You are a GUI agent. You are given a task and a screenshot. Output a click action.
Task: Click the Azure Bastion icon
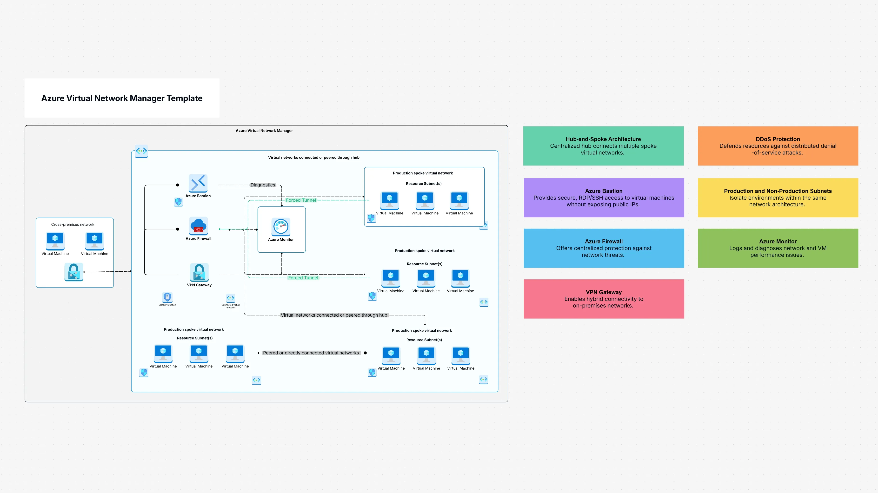point(198,183)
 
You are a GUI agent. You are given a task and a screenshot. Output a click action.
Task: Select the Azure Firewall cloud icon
point(198,226)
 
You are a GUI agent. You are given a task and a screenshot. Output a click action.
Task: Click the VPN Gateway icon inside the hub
point(199,272)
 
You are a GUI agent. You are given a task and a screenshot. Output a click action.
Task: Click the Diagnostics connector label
point(262,185)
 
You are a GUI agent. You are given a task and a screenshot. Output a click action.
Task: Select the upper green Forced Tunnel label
point(301,200)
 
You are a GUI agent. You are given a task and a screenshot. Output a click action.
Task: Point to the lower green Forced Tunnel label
point(303,278)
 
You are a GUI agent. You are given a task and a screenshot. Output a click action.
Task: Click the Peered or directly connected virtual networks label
point(311,353)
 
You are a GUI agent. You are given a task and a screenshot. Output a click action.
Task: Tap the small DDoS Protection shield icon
point(167,297)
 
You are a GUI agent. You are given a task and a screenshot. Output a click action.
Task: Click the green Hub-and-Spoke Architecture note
point(603,146)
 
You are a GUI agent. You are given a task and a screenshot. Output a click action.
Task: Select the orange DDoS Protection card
point(778,146)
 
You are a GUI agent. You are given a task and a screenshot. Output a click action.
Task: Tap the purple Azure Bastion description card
point(604,198)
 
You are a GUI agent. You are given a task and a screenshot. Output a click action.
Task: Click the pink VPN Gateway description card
point(604,299)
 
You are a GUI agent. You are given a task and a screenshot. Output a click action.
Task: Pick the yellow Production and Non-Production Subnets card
point(778,198)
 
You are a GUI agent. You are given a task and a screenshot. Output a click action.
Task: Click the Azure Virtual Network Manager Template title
point(122,98)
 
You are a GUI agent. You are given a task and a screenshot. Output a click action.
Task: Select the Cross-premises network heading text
point(73,224)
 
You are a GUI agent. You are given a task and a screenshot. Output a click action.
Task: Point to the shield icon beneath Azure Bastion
point(178,202)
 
